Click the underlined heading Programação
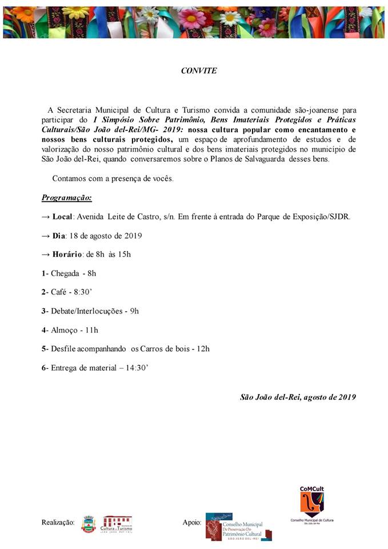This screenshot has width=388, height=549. tap(66, 198)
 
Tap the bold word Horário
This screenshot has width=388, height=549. tap(67, 254)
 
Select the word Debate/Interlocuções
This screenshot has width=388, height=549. tap(86, 311)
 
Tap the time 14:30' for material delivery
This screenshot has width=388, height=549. tap(137, 368)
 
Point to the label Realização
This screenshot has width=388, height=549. tap(58, 522)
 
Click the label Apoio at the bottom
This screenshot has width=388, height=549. tap(191, 522)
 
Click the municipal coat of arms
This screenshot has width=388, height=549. tap(88, 523)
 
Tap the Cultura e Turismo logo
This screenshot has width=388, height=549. tap(117, 523)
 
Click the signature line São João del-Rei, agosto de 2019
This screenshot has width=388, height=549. tap(298, 397)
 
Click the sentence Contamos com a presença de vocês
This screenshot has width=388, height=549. tap(113, 178)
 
